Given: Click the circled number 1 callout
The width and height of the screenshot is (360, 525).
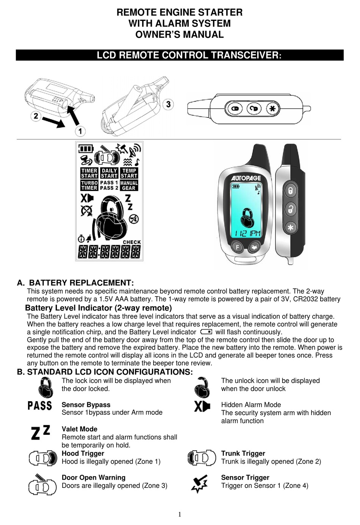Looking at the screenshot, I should pyautogui.click(x=80, y=131).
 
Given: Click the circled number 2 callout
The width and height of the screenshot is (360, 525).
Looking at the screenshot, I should pyautogui.click(x=36, y=116).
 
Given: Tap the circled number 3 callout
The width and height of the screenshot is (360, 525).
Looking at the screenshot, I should pyautogui.click(x=168, y=104).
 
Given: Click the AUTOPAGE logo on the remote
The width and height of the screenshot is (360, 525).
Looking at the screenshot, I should pyautogui.click(x=246, y=178).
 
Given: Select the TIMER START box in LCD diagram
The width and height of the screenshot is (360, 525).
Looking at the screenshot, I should pyautogui.click(x=89, y=173).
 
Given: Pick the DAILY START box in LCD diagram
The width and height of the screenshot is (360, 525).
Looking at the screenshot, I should pyautogui.click(x=109, y=173).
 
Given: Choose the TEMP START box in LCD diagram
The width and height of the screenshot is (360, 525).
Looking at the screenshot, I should pyautogui.click(x=129, y=173).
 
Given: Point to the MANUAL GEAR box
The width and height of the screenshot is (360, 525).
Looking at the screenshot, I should pyautogui.click(x=129, y=185).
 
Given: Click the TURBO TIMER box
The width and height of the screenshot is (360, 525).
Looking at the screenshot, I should pyautogui.click(x=89, y=185).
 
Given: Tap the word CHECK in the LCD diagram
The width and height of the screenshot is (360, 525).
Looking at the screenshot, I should pyautogui.click(x=131, y=242).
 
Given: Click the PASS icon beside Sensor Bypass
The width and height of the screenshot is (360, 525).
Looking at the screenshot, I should pyautogui.click(x=40, y=406).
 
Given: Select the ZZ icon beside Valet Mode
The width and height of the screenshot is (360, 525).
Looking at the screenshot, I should pyautogui.click(x=40, y=432).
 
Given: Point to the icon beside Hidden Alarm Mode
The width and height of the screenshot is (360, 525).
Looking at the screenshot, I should pyautogui.click(x=202, y=406).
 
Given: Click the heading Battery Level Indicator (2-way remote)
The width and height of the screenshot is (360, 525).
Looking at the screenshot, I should pyautogui.click(x=98, y=308).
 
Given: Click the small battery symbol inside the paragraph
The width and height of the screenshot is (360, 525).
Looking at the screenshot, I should pyautogui.click(x=206, y=332).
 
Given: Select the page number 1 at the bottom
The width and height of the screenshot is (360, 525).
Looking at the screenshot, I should pyautogui.click(x=180, y=514).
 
